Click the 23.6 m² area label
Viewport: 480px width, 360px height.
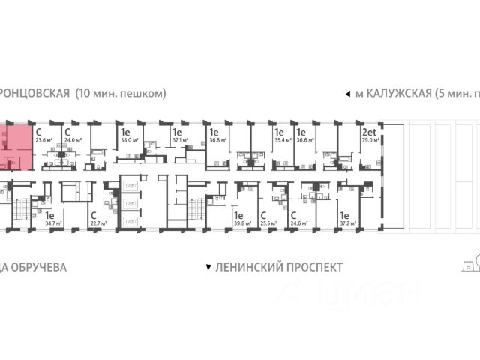click(x=44, y=139)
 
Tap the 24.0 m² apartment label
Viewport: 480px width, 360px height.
click(x=72, y=139)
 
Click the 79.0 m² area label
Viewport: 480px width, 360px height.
click(x=370, y=139)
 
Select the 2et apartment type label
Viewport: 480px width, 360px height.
click(x=369, y=130)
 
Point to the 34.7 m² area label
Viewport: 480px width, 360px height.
click(x=52, y=223)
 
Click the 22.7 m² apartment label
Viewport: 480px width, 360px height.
click(x=98, y=223)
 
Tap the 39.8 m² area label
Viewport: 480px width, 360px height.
click(x=241, y=223)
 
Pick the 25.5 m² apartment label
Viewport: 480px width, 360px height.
click(x=267, y=223)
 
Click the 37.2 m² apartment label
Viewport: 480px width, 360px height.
click(x=347, y=223)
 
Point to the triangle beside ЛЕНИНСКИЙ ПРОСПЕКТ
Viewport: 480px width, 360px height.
click(x=208, y=267)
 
